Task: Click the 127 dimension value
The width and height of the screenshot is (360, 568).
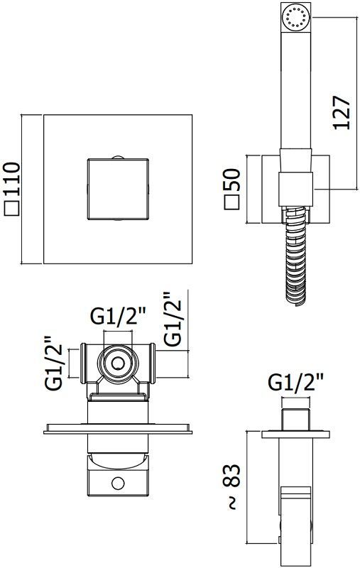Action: [342, 113]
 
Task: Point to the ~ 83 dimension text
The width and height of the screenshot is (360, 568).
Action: [231, 486]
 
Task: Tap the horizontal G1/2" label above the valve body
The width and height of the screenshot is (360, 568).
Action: [118, 316]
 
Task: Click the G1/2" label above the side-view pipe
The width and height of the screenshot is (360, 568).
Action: [295, 382]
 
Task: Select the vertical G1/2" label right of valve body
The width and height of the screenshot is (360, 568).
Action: [172, 319]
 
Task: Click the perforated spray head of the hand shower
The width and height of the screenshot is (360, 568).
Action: [295, 17]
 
